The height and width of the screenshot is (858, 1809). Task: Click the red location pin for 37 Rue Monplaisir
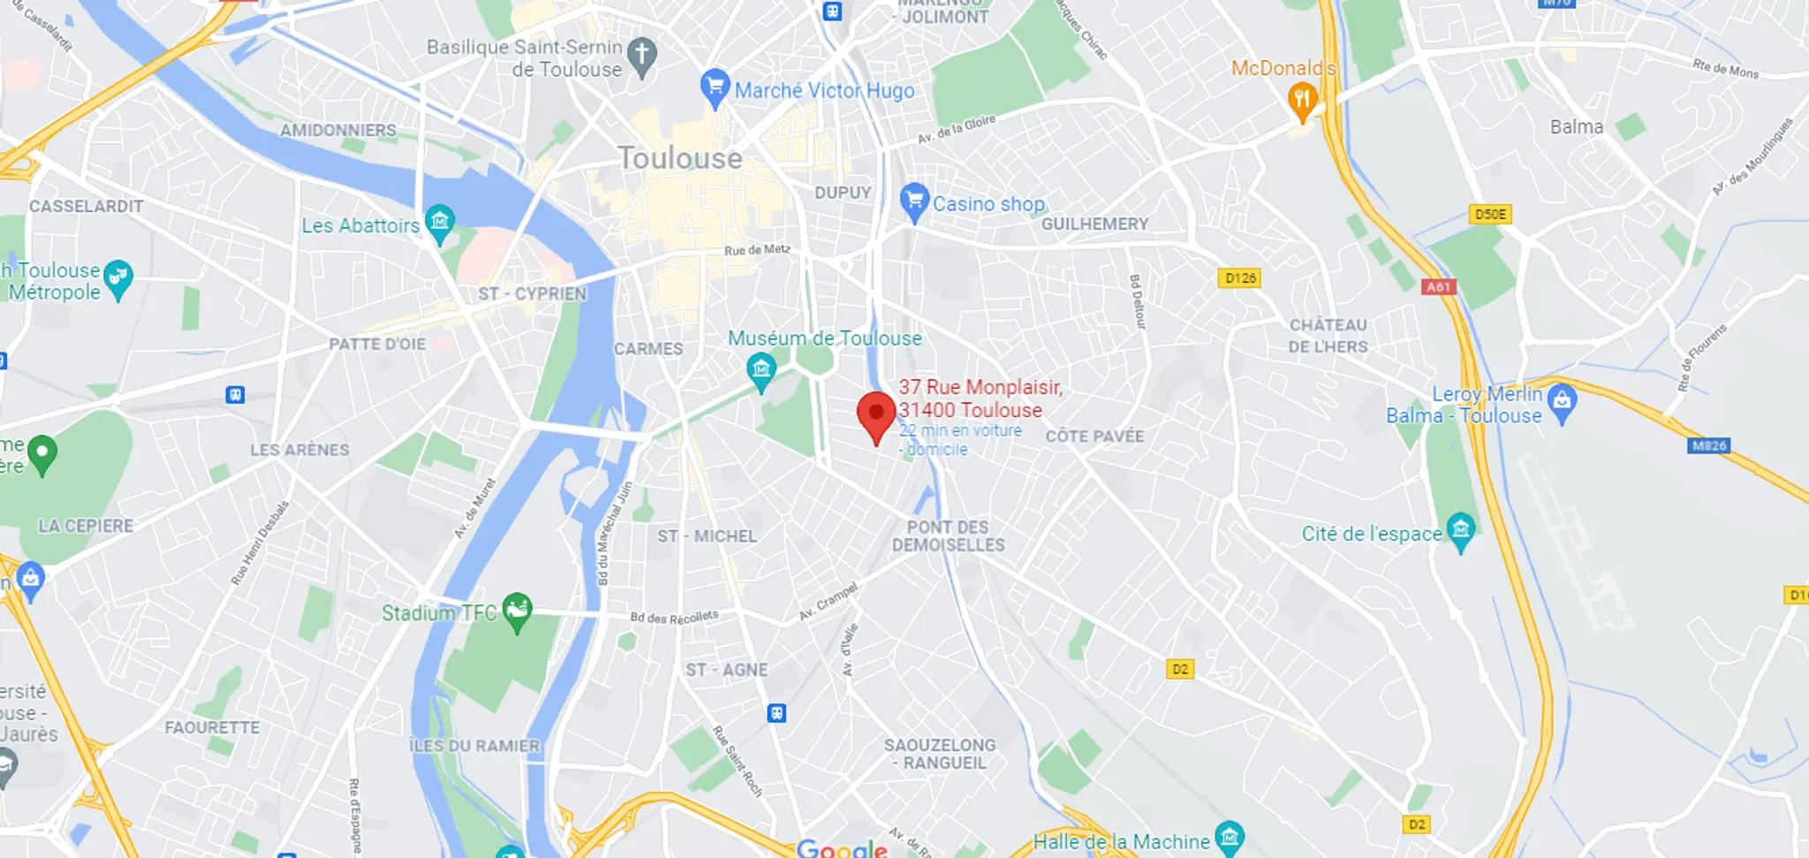click(876, 414)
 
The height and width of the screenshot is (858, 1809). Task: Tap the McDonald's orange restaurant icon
click(1302, 99)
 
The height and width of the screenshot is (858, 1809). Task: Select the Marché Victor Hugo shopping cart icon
click(715, 87)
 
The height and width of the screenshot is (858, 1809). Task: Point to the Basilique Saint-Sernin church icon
click(643, 55)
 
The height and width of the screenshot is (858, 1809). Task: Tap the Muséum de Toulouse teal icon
click(761, 369)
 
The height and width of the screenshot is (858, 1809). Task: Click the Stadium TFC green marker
click(517, 610)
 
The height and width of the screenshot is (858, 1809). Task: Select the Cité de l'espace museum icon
click(1461, 531)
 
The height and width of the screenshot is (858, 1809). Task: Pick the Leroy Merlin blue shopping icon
click(1562, 402)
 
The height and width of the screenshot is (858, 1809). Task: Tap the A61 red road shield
click(1438, 286)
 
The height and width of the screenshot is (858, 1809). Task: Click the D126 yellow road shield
click(1240, 278)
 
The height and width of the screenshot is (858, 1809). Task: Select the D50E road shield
click(1490, 214)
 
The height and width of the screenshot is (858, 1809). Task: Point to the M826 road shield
click(1709, 445)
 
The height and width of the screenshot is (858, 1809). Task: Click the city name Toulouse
click(680, 158)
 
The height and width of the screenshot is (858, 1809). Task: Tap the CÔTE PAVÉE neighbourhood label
click(1094, 437)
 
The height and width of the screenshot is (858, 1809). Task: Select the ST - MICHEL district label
click(707, 536)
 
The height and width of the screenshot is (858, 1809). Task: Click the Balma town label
click(1577, 127)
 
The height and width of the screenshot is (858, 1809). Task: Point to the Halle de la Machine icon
click(1230, 836)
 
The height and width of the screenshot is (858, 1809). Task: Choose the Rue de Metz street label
click(757, 250)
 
